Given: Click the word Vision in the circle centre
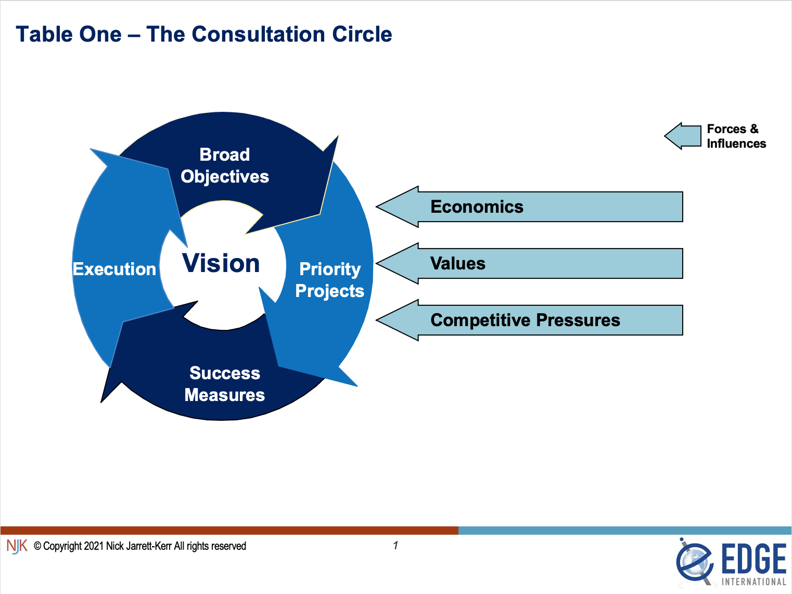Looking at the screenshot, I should (x=221, y=263).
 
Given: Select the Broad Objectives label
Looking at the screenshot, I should (x=225, y=165).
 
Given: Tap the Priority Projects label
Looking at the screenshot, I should (x=330, y=280).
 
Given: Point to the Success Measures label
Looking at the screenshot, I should (x=225, y=384).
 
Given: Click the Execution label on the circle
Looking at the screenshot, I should (x=114, y=269).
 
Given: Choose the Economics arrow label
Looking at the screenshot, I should (x=477, y=207).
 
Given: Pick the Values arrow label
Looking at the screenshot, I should (x=458, y=264).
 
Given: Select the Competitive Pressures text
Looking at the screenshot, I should (x=525, y=320).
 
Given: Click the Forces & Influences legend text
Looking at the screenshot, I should (x=736, y=136).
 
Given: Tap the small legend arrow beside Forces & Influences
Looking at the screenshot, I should (x=683, y=136).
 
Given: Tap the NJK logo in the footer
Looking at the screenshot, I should (x=17, y=546).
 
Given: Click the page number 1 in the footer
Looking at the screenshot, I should (x=395, y=545).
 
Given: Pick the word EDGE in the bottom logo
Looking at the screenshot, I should (x=753, y=559).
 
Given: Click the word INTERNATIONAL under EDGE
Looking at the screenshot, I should (x=753, y=582).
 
